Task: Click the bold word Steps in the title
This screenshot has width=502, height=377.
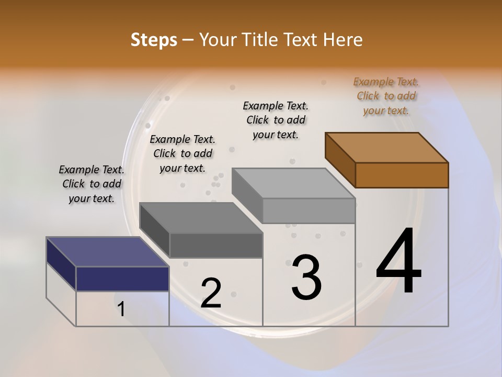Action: [154, 40]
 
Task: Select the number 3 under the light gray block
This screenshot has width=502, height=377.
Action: [306, 277]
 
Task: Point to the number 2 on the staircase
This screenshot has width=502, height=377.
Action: [211, 293]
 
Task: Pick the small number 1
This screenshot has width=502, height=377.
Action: [121, 309]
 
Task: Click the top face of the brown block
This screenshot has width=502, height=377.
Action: [387, 147]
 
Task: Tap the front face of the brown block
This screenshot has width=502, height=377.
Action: [402, 175]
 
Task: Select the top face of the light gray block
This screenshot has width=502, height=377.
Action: [293, 183]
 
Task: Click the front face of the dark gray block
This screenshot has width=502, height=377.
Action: [216, 245]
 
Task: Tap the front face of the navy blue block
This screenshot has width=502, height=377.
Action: [122, 279]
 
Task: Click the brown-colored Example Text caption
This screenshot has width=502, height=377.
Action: [386, 96]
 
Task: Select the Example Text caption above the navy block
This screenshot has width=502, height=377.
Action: [92, 184]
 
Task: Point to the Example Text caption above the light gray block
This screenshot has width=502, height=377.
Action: [276, 120]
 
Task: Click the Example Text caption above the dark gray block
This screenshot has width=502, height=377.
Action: [182, 153]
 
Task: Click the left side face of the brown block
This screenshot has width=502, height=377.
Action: [340, 160]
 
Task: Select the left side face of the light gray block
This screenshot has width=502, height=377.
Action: [247, 195]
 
